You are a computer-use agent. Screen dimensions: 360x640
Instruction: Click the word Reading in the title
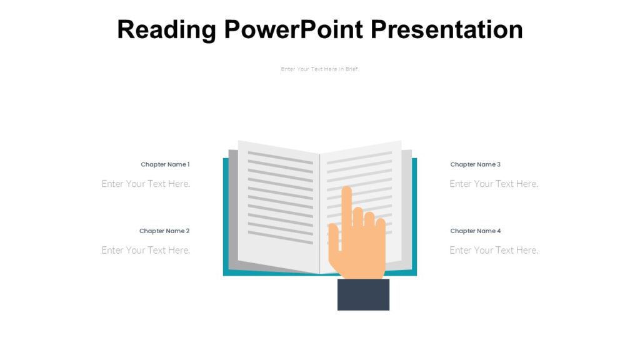pyautogui.click(x=166, y=30)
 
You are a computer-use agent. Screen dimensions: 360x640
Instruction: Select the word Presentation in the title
pyautogui.click(x=446, y=30)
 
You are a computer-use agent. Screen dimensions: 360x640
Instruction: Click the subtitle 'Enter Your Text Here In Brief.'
pyautogui.click(x=320, y=69)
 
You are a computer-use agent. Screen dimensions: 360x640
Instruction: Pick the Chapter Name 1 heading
pyautogui.click(x=165, y=164)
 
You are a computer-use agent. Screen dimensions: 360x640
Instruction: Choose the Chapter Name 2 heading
pyautogui.click(x=164, y=231)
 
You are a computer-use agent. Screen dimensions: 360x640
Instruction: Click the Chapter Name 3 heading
pyautogui.click(x=475, y=164)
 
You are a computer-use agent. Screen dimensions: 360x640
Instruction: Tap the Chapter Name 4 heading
pyautogui.click(x=475, y=231)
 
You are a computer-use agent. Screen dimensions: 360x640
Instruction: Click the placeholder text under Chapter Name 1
pyautogui.click(x=146, y=184)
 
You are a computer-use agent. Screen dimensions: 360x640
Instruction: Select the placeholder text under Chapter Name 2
pyautogui.click(x=146, y=250)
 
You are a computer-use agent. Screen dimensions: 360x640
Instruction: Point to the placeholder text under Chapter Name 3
pyautogui.click(x=494, y=184)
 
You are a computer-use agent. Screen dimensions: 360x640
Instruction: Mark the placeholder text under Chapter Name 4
pyautogui.click(x=494, y=250)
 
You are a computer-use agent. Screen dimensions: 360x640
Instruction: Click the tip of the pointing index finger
pyautogui.click(x=346, y=190)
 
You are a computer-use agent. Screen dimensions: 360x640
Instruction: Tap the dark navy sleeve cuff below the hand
pyautogui.click(x=363, y=294)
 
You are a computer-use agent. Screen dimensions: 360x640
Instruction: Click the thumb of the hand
pyautogui.click(x=334, y=241)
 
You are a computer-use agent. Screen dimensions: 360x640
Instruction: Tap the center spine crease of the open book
pyautogui.click(x=320, y=212)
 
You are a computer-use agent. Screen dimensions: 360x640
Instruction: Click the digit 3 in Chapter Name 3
pyautogui.click(x=499, y=164)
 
